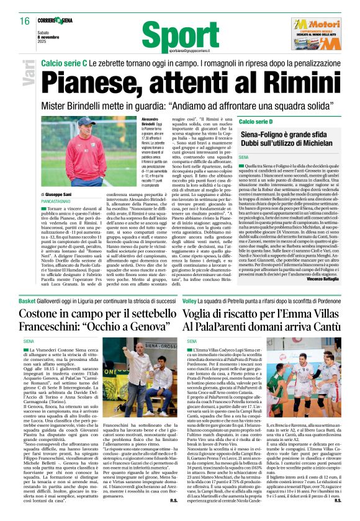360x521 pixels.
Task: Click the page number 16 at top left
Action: click(23, 21)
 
